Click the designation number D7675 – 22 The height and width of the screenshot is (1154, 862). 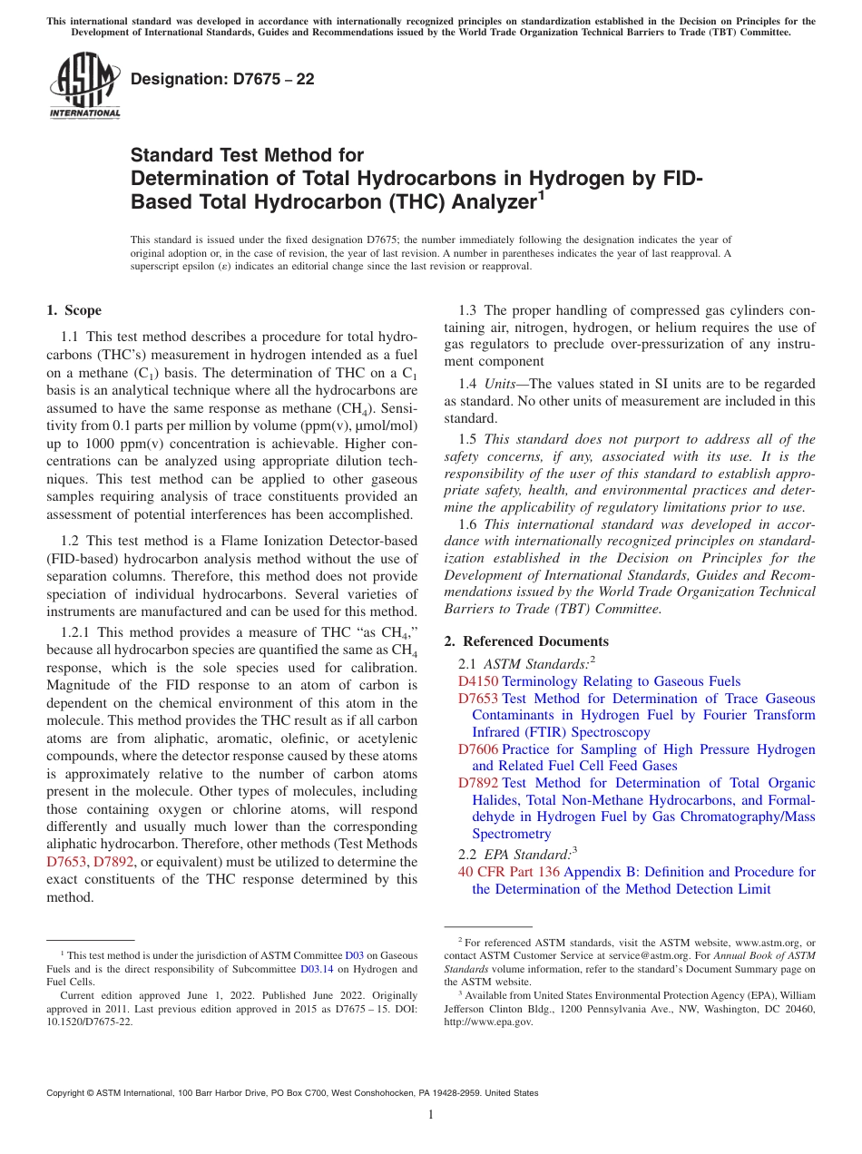223,79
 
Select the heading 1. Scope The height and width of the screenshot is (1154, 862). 73,310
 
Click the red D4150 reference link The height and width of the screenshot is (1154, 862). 478,681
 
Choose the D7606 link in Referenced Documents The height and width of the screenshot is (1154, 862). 478,749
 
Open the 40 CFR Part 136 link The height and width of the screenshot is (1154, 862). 510,872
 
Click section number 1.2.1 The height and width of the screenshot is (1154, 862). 77,632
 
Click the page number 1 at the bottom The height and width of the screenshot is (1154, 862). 431,1115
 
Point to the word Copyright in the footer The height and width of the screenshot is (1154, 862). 67,1093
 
